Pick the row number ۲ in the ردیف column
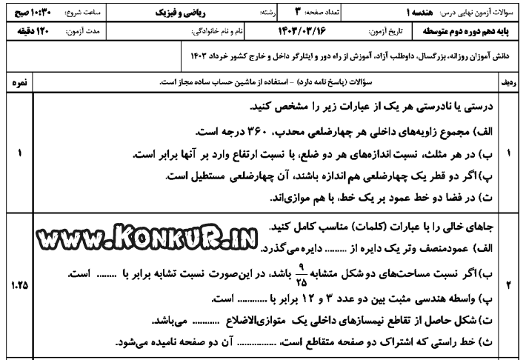(511, 284)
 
